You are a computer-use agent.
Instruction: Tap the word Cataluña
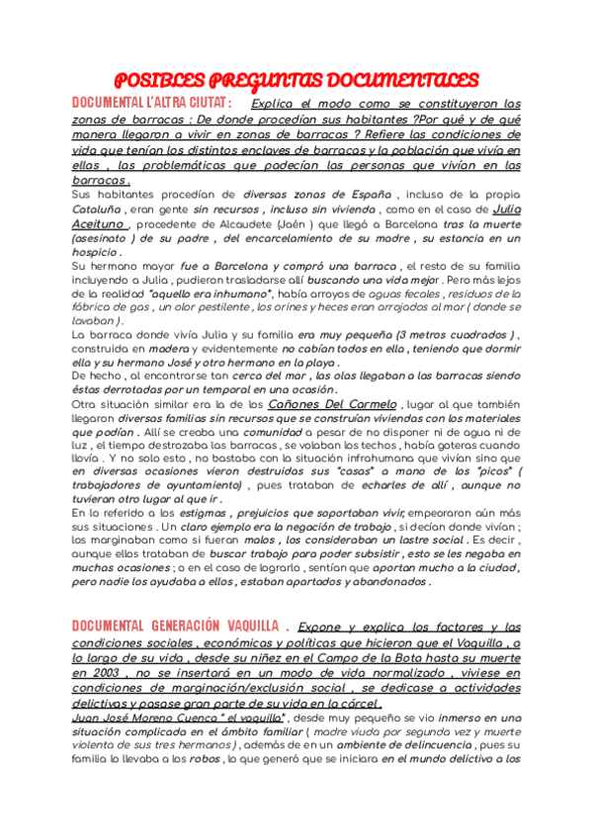[98, 210]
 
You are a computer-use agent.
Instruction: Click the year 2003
[93, 673]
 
